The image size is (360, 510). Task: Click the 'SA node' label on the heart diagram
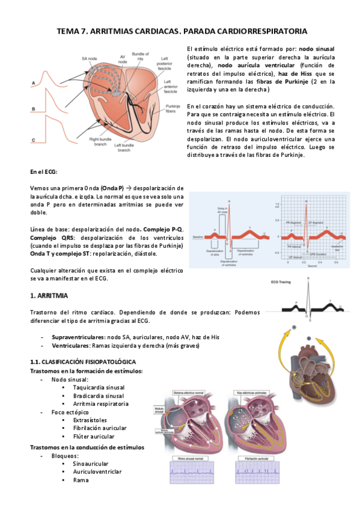coord(88,58)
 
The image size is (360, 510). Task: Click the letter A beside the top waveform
coord(34,82)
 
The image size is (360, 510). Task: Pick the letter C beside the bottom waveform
coord(34,140)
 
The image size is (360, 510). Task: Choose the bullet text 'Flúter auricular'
coord(94,436)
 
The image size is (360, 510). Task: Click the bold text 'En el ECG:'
coord(43,172)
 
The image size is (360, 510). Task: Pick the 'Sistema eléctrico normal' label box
coord(187,392)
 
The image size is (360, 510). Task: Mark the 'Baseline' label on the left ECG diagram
coord(196,238)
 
